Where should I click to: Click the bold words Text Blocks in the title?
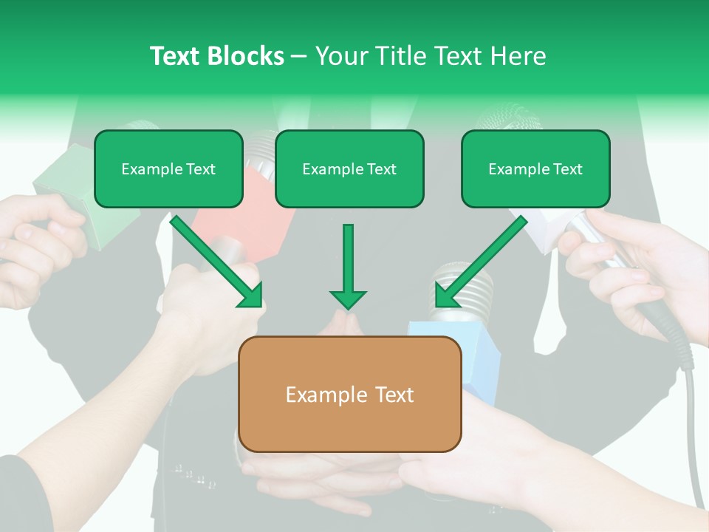(216, 56)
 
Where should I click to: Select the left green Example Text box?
(168, 168)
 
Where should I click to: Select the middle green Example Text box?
(349, 168)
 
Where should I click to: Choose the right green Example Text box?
(535, 168)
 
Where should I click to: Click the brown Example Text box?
(349, 394)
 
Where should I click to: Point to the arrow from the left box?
(217, 262)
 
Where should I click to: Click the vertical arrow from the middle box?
(348, 266)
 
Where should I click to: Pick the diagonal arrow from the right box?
(480, 262)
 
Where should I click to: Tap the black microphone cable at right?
(691, 414)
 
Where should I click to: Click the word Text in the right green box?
(567, 169)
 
